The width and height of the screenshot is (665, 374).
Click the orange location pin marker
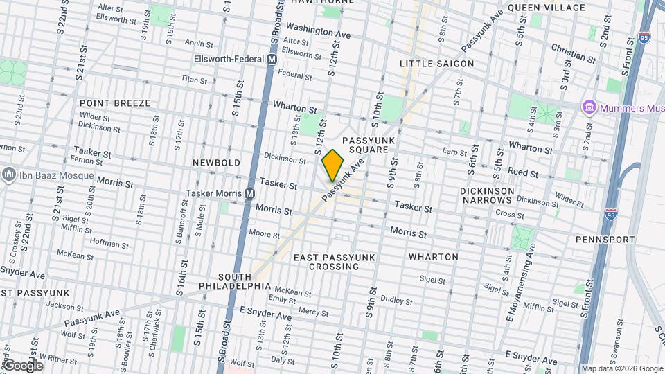[x=332, y=165]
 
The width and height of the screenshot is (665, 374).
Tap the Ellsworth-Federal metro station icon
[x=272, y=60]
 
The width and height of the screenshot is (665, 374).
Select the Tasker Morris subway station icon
[x=249, y=194]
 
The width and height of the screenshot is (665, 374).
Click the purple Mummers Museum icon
[x=589, y=107]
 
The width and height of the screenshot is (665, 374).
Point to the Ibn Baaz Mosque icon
[x=8, y=175]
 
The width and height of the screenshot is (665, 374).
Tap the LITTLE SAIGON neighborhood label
[x=437, y=64]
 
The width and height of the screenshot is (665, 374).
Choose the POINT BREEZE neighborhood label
[x=114, y=103]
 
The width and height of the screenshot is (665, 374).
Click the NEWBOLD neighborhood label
[x=216, y=163]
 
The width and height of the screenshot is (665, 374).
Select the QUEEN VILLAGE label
[x=546, y=8]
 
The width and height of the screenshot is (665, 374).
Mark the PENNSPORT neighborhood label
[x=605, y=240]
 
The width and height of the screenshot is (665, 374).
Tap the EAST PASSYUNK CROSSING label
[x=334, y=262]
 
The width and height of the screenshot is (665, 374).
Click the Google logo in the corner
[x=22, y=366]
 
